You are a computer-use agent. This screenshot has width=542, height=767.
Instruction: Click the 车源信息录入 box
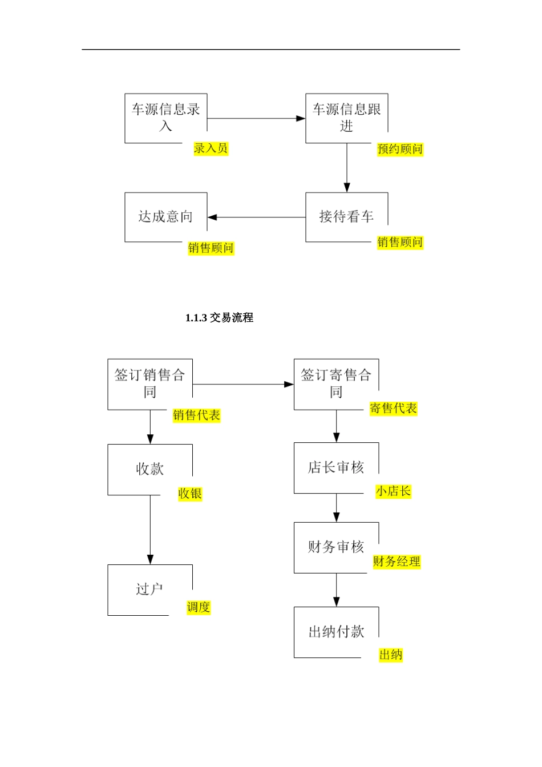(165, 118)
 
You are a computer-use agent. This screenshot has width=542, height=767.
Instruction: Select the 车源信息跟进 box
(346, 118)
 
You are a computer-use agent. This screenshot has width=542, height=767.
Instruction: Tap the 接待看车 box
(346, 217)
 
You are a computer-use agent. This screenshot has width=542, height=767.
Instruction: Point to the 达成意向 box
(165, 217)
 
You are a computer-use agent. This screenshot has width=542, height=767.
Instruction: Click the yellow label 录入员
(211, 148)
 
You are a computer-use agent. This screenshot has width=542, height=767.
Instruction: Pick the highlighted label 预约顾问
(400, 150)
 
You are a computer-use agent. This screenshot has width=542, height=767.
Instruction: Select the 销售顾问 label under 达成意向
(211, 248)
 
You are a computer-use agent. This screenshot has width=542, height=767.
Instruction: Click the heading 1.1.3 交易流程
(219, 318)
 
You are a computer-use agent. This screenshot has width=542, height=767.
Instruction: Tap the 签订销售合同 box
(150, 384)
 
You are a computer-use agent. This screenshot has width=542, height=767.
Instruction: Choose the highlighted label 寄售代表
(393, 409)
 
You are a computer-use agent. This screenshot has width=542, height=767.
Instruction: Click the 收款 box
(150, 469)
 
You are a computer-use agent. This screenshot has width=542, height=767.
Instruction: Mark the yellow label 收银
(190, 494)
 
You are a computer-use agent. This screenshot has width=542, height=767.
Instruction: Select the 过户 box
(150, 590)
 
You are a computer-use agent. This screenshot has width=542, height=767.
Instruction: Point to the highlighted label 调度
(199, 607)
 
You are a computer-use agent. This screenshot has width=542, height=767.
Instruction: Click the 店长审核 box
(336, 468)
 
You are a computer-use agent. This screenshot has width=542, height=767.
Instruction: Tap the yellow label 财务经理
(397, 562)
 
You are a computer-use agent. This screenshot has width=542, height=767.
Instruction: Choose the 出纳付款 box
(336, 632)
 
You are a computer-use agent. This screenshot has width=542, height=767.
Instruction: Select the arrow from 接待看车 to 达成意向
(256, 217)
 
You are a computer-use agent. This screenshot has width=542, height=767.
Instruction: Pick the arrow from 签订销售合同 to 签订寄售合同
(243, 385)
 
